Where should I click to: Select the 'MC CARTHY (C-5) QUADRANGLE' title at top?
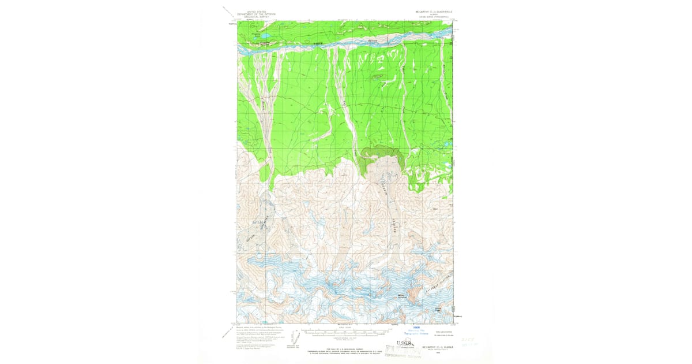tap(431, 11)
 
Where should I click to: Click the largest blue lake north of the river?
tap(264, 36)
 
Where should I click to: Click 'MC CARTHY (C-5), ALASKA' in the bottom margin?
tap(434, 347)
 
